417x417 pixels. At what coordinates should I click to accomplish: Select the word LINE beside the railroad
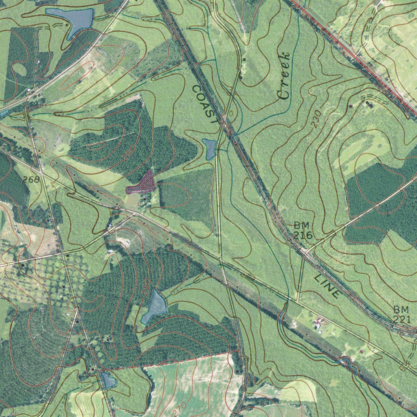coord(327,286)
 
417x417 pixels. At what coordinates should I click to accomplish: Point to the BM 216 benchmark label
coord(303,230)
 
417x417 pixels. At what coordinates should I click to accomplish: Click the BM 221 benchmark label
coord(402,314)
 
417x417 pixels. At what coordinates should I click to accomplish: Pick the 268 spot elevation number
coord(31,179)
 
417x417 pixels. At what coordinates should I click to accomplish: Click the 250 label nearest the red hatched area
coord(129,153)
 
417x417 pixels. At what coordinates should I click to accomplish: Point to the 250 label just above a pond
coord(147,287)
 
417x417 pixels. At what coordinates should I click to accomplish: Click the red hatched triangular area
coord(143,184)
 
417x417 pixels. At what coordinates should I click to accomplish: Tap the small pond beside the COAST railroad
coord(210,149)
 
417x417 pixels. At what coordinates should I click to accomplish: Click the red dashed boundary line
coord(171,361)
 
